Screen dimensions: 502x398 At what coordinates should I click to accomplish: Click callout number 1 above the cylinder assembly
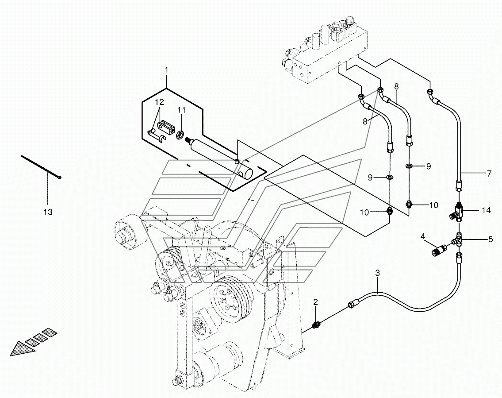click(166, 70)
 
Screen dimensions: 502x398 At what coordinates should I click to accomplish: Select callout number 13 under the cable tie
click(48, 212)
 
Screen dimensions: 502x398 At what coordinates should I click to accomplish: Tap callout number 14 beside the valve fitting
click(487, 211)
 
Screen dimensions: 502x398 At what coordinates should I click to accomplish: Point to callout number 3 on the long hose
click(377, 273)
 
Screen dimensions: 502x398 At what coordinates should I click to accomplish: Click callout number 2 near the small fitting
click(316, 301)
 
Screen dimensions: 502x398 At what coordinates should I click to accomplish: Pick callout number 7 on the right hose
click(489, 174)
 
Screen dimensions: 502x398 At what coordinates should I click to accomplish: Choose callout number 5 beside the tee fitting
click(491, 239)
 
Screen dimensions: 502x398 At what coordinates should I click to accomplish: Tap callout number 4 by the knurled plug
click(423, 237)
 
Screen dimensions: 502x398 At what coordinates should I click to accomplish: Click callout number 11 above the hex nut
click(181, 110)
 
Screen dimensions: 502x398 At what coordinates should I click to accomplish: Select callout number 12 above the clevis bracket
click(159, 102)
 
